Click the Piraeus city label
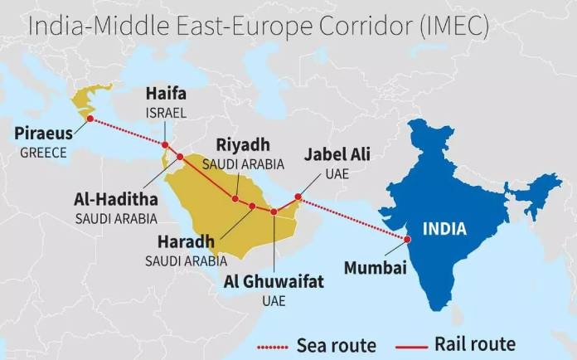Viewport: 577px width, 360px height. pos(44,134)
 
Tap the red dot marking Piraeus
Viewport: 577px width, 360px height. pos(90,121)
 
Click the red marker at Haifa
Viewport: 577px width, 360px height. pos(165,145)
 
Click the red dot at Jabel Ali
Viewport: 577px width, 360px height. pos(298,197)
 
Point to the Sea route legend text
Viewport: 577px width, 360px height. pos(336,343)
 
